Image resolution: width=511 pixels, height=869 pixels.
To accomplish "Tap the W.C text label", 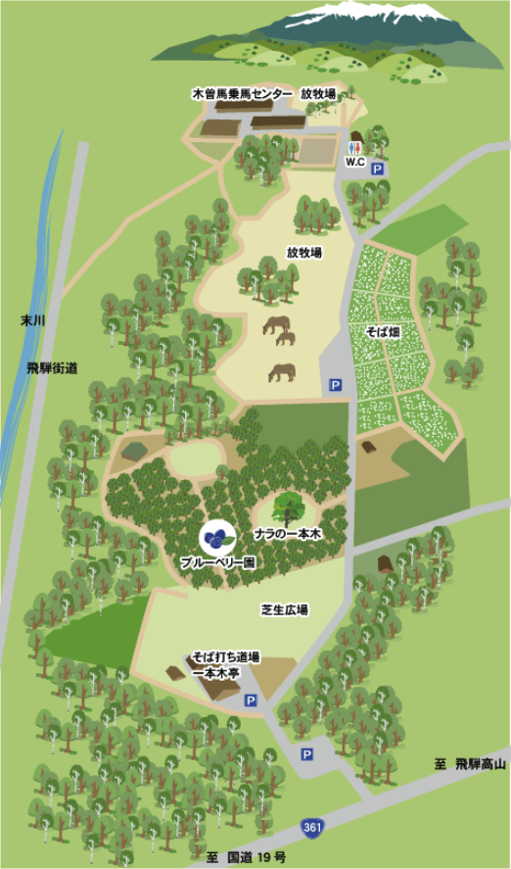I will point(353,161).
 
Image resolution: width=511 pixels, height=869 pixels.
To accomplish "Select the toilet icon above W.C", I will point(356,141).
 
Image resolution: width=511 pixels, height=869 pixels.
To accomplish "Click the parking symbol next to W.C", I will point(378,169).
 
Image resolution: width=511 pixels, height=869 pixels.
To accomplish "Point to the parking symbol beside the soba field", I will point(335,385).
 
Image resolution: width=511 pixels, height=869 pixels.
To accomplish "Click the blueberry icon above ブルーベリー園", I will point(216,537).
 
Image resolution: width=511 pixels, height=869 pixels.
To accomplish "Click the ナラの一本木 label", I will point(288,532).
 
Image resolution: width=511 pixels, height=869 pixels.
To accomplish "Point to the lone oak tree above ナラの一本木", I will point(288,507).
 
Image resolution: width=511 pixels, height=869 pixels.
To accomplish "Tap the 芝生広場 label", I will point(285,609).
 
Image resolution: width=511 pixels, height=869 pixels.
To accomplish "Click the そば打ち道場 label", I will point(225,657).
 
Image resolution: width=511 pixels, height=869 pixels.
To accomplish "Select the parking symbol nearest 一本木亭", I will point(251,700).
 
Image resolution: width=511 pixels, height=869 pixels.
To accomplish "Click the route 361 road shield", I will point(312,829).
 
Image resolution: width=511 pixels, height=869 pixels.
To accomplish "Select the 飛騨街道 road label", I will point(53,367).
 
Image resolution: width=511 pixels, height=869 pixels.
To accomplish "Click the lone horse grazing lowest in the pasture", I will point(282,372).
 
